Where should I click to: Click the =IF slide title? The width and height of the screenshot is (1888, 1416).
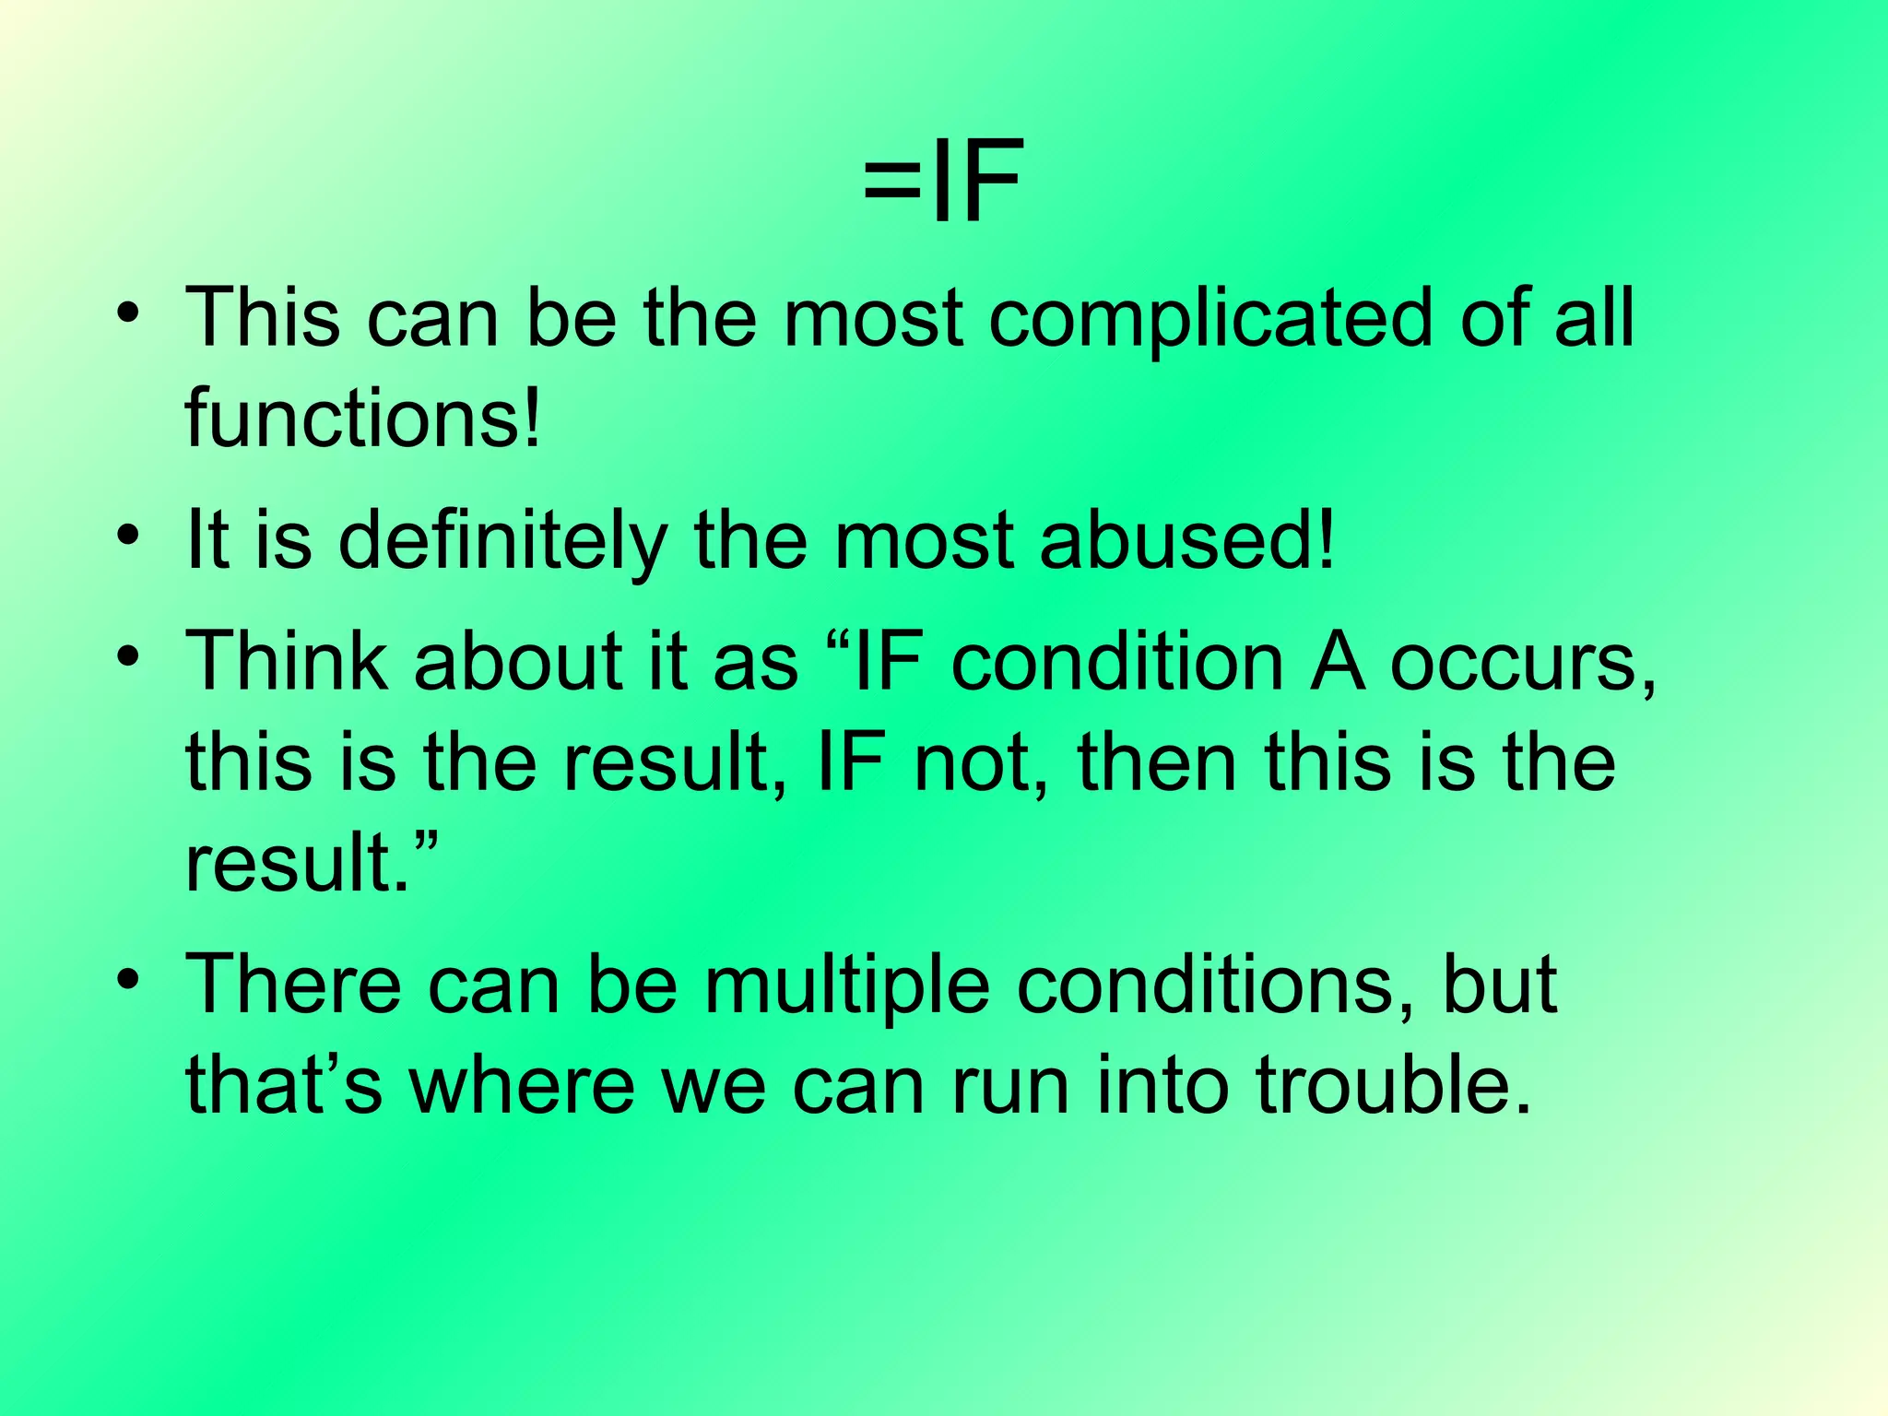pos(942,182)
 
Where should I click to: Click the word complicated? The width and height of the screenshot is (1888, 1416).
pos(1211,319)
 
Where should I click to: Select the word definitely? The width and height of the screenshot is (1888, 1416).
pos(503,541)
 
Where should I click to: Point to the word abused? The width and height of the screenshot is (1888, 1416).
pos(1186,541)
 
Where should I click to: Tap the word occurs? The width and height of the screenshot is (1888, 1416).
pos(1522,663)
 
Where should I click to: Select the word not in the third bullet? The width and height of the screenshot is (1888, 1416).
pos(980,763)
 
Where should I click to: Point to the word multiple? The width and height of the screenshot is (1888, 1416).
pos(847,985)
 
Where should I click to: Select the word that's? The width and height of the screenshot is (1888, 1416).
pos(283,1086)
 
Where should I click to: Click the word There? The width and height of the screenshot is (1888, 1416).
pos(293,985)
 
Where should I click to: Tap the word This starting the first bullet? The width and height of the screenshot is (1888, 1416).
pos(263,319)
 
